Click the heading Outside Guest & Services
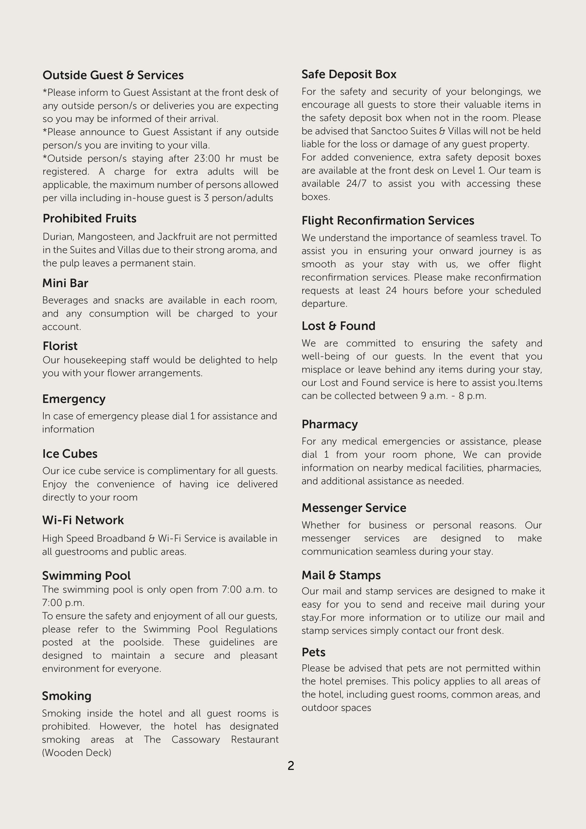click(113, 75)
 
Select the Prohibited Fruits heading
click(89, 218)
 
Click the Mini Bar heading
click(65, 283)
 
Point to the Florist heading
click(60, 346)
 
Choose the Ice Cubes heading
click(70, 454)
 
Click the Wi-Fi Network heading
click(83, 520)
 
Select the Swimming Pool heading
click(86, 575)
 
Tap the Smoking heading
click(66, 696)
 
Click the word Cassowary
click(195, 740)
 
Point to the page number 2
click(291, 766)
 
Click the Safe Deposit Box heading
click(349, 74)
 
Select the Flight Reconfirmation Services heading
click(388, 221)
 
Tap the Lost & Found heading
click(338, 326)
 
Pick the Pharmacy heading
click(330, 424)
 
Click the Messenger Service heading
click(354, 508)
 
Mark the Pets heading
click(313, 652)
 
